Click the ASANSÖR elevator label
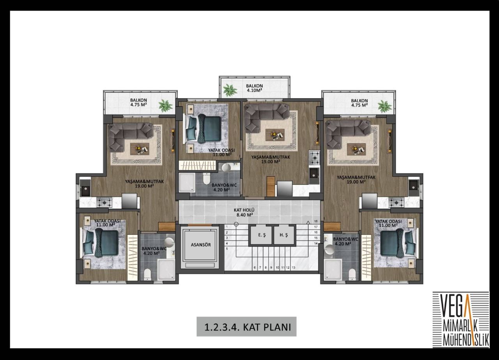tap(201, 245)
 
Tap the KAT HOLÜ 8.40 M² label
tap(244, 212)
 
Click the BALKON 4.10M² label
tap(254, 88)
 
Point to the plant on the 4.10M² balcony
tap(230, 90)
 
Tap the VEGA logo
tap(460, 319)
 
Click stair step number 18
tap(316, 221)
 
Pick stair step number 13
tap(294, 268)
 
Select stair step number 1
tap(226, 227)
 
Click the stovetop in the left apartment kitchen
tap(104, 202)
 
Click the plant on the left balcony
tap(166, 105)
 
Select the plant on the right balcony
tap(385, 105)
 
